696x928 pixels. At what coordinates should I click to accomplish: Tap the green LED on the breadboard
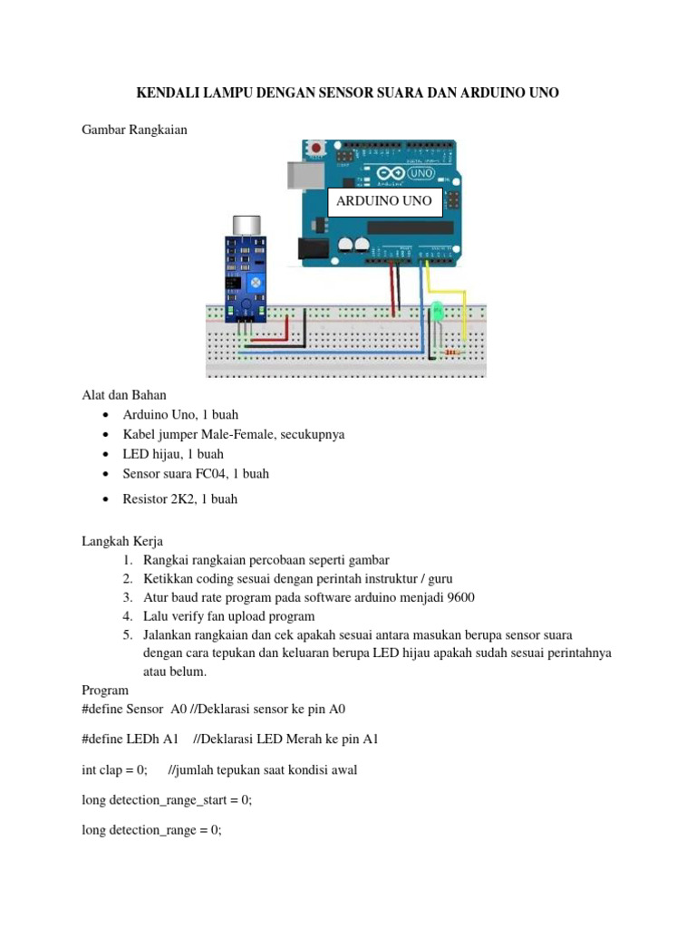point(436,312)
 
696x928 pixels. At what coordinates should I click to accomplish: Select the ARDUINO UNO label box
point(384,202)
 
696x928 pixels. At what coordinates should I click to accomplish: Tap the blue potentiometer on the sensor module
point(256,284)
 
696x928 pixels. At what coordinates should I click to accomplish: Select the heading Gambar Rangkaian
point(134,130)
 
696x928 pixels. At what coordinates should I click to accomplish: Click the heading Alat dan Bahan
point(124,395)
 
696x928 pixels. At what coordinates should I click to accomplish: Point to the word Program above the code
point(105,691)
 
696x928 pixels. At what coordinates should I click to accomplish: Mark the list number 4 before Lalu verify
point(129,616)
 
